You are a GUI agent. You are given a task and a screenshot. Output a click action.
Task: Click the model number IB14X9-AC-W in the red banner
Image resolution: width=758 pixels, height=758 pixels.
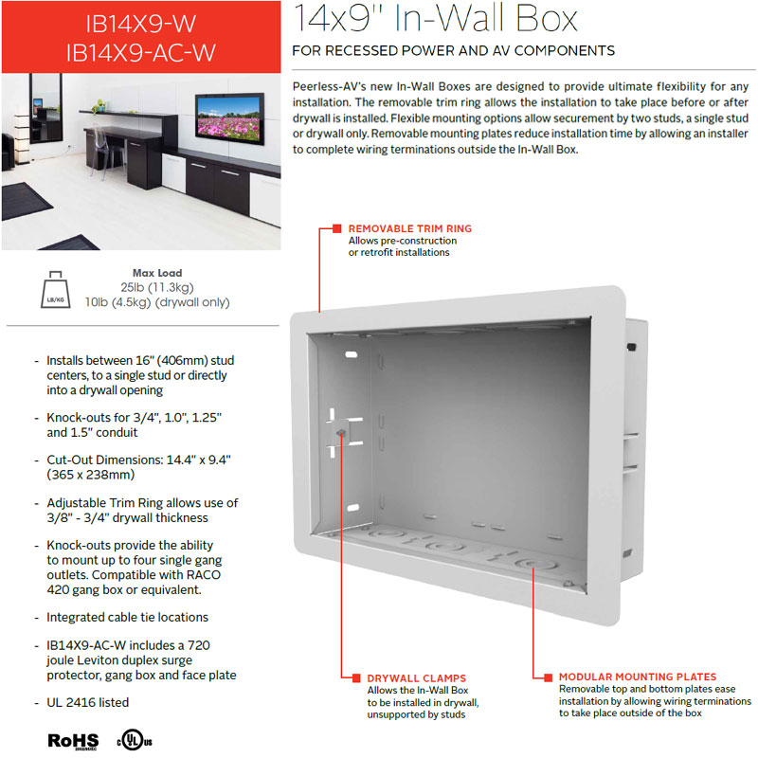tap(140, 53)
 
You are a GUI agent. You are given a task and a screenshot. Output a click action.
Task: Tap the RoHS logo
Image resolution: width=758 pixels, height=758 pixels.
tap(73, 741)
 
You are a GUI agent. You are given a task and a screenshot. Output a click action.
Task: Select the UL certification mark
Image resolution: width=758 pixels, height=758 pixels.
tap(135, 740)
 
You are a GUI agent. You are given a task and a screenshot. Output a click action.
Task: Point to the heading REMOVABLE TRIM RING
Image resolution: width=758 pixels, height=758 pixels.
tap(410, 228)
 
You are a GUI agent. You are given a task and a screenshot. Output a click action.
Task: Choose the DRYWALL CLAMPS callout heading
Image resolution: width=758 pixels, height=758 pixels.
tap(417, 678)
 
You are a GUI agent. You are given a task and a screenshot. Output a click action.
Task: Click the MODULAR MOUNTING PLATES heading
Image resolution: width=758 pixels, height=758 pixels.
tap(638, 677)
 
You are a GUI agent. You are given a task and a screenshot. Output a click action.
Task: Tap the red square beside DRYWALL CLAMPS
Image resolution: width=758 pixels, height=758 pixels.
tap(356, 678)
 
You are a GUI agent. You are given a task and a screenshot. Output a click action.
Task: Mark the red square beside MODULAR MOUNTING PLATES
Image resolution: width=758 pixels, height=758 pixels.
tap(549, 677)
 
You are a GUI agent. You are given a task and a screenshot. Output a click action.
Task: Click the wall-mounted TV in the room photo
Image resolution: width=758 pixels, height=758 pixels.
tap(229, 118)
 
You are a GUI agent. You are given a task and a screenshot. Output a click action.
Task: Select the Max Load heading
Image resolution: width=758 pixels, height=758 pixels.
tap(157, 273)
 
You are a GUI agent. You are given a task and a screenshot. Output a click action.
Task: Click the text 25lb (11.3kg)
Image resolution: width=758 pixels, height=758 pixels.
tap(157, 288)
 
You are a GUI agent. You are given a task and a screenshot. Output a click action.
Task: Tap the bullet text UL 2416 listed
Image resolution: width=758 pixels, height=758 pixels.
tap(87, 702)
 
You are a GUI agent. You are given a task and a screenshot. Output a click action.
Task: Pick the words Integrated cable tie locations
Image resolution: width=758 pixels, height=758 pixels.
tap(127, 618)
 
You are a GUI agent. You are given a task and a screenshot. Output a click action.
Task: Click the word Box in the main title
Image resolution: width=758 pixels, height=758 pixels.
tap(547, 19)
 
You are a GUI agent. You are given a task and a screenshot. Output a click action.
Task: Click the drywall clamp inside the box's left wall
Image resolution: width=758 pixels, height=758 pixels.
tap(344, 433)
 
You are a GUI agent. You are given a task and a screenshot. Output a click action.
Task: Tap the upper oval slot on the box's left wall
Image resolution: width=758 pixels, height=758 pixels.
tap(352, 354)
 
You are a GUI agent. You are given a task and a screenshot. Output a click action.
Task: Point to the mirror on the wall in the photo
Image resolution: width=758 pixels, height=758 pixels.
tap(46, 108)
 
